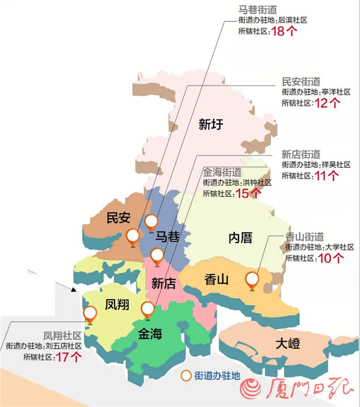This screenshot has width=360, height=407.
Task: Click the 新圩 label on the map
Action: tap(210, 125)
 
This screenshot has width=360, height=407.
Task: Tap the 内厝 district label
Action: tap(240, 237)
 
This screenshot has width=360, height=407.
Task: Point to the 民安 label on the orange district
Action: tap(119, 218)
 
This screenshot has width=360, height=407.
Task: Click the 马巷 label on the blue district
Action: tap(170, 236)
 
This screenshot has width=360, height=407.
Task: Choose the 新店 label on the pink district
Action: tap(164, 283)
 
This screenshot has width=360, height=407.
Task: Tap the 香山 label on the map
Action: tap(217, 280)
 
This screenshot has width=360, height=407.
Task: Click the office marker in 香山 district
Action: tap(252, 280)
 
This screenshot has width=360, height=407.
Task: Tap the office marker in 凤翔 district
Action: tap(90, 313)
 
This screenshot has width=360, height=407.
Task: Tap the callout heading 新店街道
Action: tap(301, 154)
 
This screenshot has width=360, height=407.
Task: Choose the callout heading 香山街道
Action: tap(305, 237)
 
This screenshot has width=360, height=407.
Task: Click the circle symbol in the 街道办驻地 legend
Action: tap(185, 375)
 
